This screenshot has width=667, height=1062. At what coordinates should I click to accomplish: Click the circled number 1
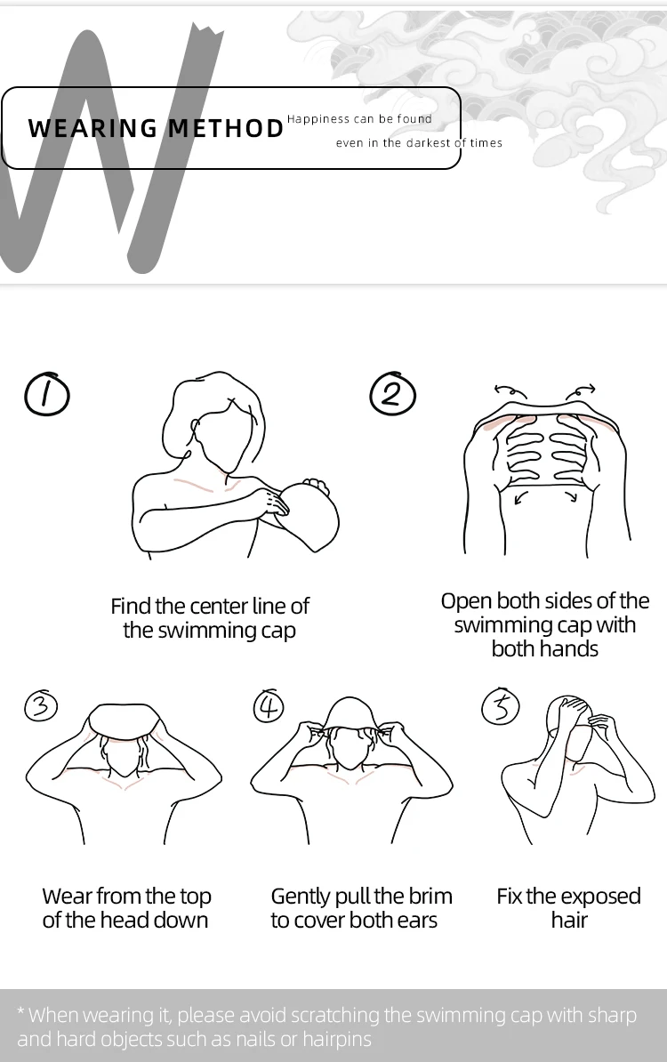pyautogui.click(x=46, y=394)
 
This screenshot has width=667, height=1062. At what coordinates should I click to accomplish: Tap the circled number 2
pyautogui.click(x=392, y=393)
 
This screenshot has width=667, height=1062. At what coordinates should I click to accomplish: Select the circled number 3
pyautogui.click(x=40, y=706)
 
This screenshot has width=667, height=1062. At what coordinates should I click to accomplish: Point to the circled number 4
pyautogui.click(x=269, y=706)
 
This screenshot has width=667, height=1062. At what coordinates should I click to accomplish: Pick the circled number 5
pyautogui.click(x=501, y=707)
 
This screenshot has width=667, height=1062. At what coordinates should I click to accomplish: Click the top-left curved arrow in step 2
pyautogui.click(x=510, y=391)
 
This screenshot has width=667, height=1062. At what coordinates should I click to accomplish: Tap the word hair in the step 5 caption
pyautogui.click(x=569, y=921)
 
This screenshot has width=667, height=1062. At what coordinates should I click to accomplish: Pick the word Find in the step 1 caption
pyautogui.click(x=130, y=607)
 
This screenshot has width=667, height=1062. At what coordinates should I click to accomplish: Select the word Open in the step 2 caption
pyautogui.click(x=466, y=601)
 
